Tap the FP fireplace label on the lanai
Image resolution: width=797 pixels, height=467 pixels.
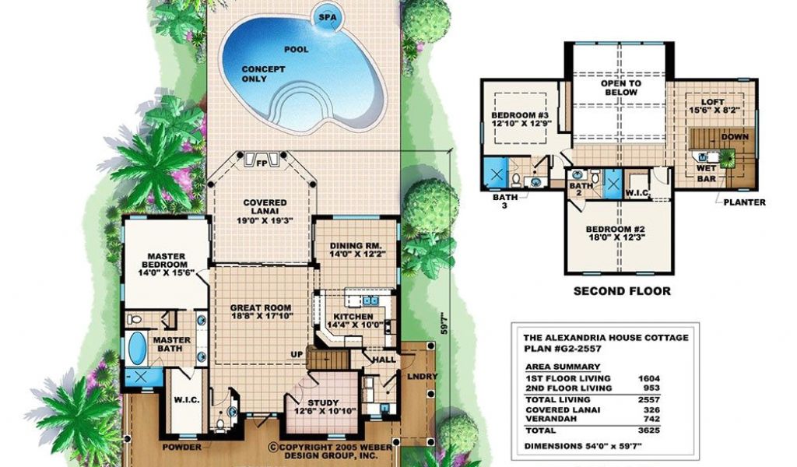pos(262,163)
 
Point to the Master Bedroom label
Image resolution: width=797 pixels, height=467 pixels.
pos(167,264)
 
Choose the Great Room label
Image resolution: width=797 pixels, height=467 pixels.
pos(261,312)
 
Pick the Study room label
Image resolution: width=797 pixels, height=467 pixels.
pos(323,406)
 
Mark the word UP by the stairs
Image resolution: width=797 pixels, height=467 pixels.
pos(297,354)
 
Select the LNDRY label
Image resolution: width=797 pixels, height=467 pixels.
pos(422,377)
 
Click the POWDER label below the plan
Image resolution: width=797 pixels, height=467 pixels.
pos(182,448)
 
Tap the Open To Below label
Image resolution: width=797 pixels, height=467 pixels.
pos(620,88)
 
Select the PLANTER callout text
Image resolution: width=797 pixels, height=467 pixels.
pos(744,202)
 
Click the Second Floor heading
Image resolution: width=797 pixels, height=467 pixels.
pos(622,291)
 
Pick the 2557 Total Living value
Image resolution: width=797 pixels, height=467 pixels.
pos(648,400)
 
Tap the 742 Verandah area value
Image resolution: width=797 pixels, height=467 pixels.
pos(651,420)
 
